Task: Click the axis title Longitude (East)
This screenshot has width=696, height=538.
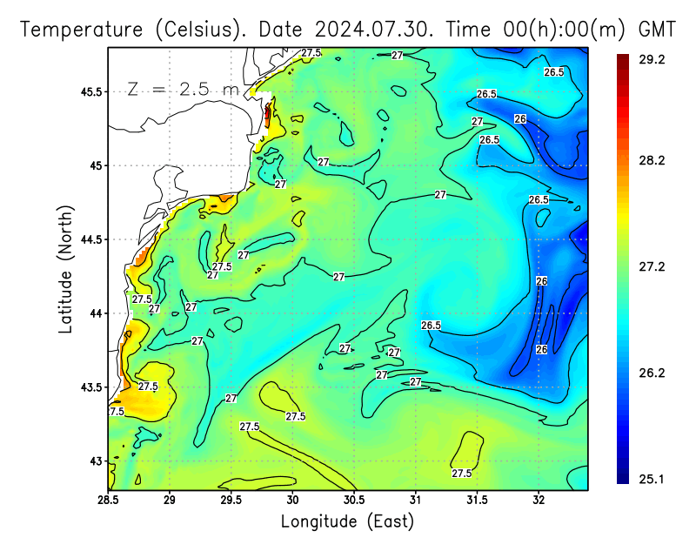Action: (347, 521)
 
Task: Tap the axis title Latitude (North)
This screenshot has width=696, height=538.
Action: (66, 270)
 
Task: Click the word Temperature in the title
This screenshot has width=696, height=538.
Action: (82, 29)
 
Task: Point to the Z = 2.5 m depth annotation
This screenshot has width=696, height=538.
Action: (183, 90)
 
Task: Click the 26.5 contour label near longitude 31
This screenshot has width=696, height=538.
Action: (432, 326)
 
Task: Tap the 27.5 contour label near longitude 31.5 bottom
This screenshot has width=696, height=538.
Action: (462, 473)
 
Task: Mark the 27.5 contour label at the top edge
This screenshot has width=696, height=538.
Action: (311, 53)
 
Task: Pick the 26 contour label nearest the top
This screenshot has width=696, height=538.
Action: (520, 119)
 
